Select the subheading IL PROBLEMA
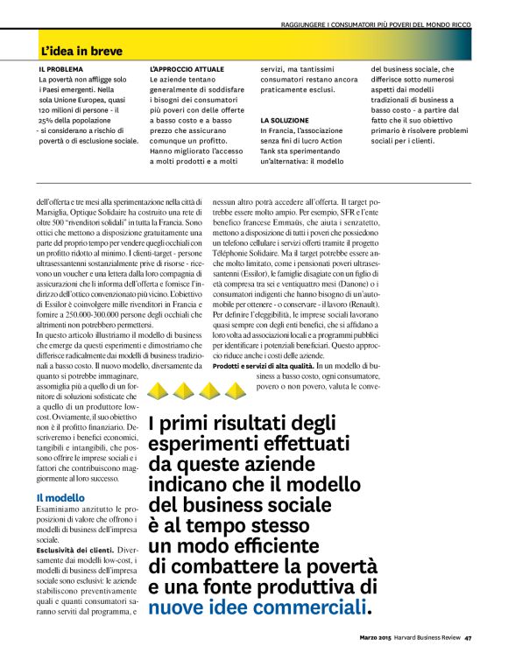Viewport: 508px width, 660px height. tap(60, 69)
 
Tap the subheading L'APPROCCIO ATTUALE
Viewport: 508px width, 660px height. tap(187, 69)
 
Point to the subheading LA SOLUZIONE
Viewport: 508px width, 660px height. tap(285, 120)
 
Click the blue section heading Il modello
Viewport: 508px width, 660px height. tap(60, 498)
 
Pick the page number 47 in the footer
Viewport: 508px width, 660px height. tap(469, 637)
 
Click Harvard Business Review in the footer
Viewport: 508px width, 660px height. tap(429, 637)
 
